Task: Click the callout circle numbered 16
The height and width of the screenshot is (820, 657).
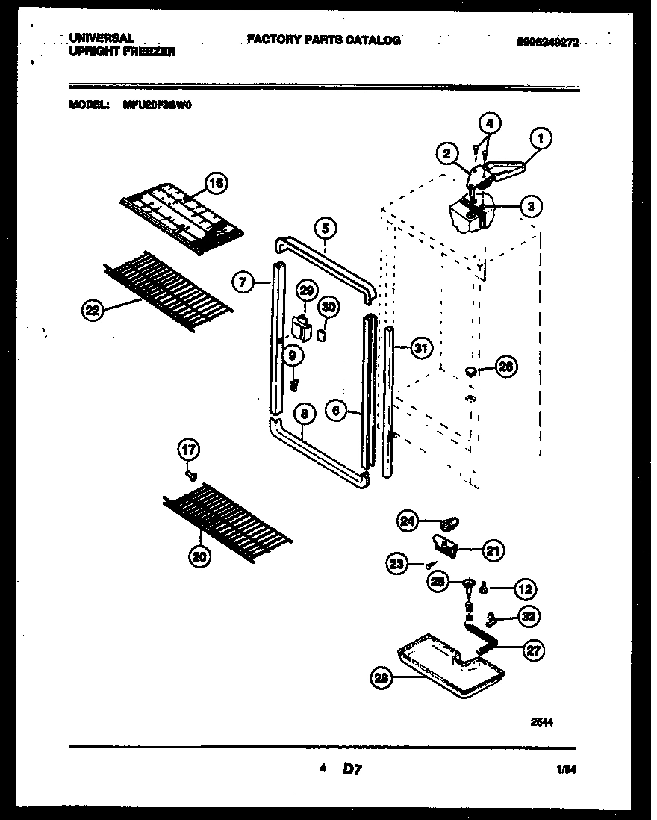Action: click(216, 183)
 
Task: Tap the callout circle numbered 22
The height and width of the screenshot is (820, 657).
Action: click(93, 313)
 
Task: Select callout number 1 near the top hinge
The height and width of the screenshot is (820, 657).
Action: click(541, 137)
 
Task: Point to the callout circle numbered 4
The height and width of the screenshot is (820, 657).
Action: click(489, 122)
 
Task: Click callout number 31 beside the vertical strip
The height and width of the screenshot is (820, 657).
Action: click(421, 347)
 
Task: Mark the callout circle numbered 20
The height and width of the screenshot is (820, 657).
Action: click(200, 556)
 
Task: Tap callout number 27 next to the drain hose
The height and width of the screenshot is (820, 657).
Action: click(533, 650)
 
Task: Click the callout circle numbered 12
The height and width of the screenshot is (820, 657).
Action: click(526, 590)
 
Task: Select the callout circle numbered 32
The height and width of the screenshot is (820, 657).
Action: click(530, 617)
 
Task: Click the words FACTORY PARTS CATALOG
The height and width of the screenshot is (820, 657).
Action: click(324, 40)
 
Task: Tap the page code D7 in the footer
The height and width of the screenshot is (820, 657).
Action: click(352, 768)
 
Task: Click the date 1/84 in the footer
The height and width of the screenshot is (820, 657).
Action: click(564, 768)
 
